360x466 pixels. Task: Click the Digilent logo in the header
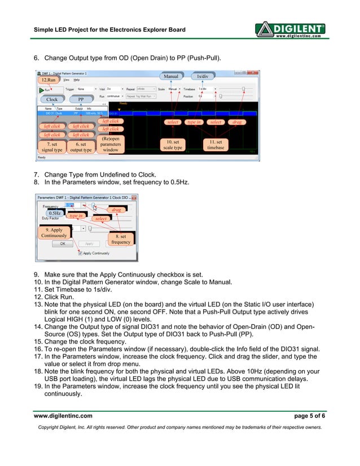coord(290,29)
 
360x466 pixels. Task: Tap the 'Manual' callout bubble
coord(170,76)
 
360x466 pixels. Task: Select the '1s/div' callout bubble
coord(201,76)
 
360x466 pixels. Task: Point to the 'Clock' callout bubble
coord(52,99)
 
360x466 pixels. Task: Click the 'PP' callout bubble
coord(81,99)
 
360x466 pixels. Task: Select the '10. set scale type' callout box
coord(173,144)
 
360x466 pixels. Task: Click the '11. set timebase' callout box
coord(216,144)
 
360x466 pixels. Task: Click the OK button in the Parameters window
coord(63,244)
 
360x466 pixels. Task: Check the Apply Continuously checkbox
coord(80,253)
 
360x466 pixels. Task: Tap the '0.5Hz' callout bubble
coord(54,213)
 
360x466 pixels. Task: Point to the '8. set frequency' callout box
coord(121,239)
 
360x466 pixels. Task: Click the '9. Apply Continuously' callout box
coord(54,232)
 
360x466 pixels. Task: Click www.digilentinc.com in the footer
coord(63,416)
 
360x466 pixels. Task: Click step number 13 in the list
coord(38,304)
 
